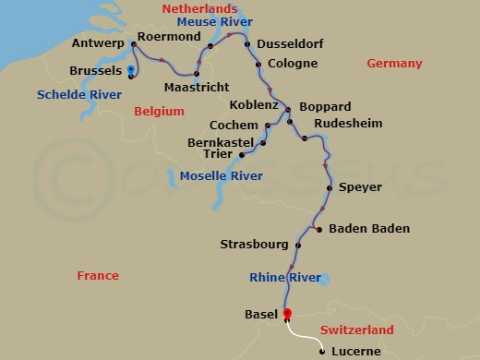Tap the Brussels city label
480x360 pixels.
point(97,71)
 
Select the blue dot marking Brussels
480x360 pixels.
point(132,70)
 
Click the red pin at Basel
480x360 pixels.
point(287,314)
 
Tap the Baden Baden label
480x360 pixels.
point(368,230)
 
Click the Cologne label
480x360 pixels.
point(292,64)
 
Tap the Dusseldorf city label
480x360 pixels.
point(295,43)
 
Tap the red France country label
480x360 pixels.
point(98,275)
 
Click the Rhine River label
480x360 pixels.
point(285,277)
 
